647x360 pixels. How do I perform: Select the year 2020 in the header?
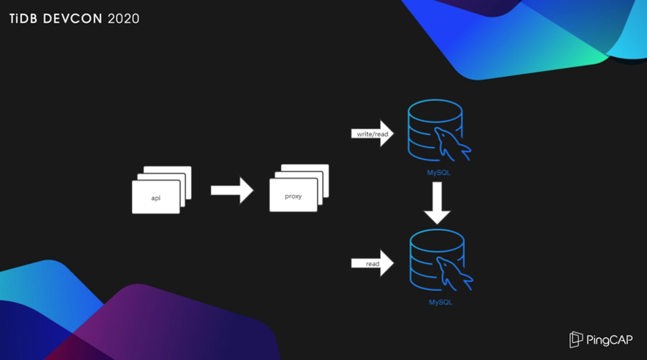click(123, 19)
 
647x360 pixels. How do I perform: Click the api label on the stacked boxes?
click(156, 198)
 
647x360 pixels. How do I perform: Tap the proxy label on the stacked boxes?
click(293, 196)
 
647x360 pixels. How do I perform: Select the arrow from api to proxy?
click(232, 190)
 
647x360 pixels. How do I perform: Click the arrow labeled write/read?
click(372, 133)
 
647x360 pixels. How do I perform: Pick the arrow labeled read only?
click(372, 264)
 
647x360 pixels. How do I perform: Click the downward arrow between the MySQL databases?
click(437, 203)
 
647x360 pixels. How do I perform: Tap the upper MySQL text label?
click(439, 172)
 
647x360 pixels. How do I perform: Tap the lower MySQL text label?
click(440, 303)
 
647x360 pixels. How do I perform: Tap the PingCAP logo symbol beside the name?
click(576, 339)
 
